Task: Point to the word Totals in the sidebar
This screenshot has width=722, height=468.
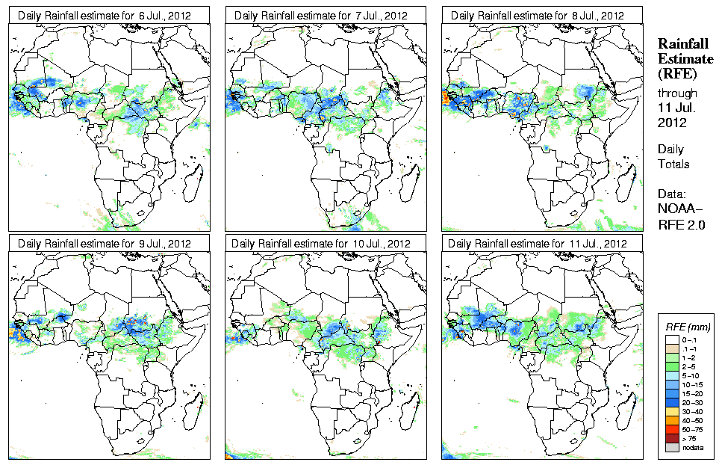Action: [x=673, y=164]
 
